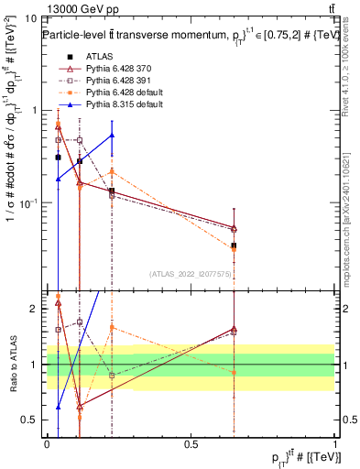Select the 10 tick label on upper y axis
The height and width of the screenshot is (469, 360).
[x=30, y=17]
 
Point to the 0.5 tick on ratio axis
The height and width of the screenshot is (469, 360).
[x=30, y=420]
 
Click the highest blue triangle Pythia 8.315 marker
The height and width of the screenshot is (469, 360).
[x=112, y=135]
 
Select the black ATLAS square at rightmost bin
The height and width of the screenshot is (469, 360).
[x=234, y=245]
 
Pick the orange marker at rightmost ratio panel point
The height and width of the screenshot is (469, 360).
[x=234, y=372]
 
